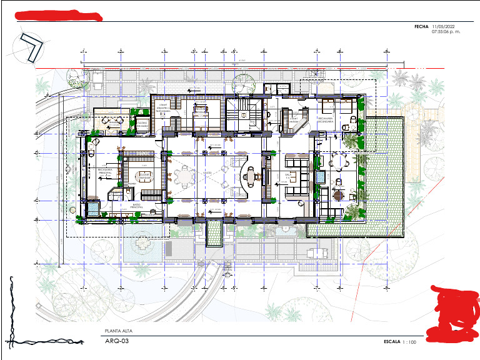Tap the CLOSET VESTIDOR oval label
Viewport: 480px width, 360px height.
pos(144,176)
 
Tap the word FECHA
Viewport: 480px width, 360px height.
pos(421,27)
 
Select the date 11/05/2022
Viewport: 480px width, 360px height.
pos(445,27)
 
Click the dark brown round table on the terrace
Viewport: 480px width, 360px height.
pos(338,195)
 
